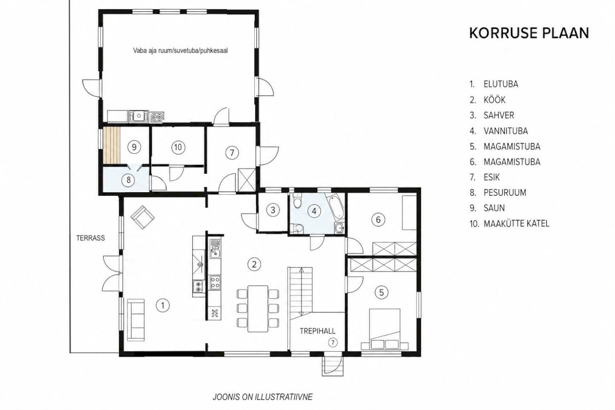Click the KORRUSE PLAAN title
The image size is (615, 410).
pyautogui.click(x=529, y=33)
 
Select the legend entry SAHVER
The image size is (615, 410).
pyautogui.click(x=499, y=115)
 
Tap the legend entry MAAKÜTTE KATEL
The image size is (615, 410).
pyautogui.click(x=517, y=223)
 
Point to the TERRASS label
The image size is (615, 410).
pyautogui.click(x=91, y=238)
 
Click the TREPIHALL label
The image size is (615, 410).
pyautogui.click(x=317, y=331)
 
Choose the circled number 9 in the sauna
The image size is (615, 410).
pyautogui.click(x=134, y=148)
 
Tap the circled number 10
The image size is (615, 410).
pyautogui.click(x=178, y=148)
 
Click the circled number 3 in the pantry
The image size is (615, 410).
pyautogui.click(x=273, y=210)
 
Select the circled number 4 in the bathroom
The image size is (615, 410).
pyautogui.click(x=314, y=211)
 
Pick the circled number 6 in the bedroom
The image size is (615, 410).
pyautogui.click(x=378, y=219)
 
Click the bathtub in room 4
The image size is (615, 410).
pyautogui.click(x=335, y=207)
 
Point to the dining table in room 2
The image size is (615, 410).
pyautogui.click(x=258, y=309)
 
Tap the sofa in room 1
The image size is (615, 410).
pyautogui.click(x=136, y=320)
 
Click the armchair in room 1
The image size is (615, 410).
pyautogui.click(x=142, y=217)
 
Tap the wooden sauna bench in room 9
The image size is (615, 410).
pyautogui.click(x=112, y=146)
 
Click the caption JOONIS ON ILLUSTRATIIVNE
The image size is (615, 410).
pyautogui.click(x=263, y=397)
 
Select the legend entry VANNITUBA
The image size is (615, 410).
pyautogui.click(x=506, y=131)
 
